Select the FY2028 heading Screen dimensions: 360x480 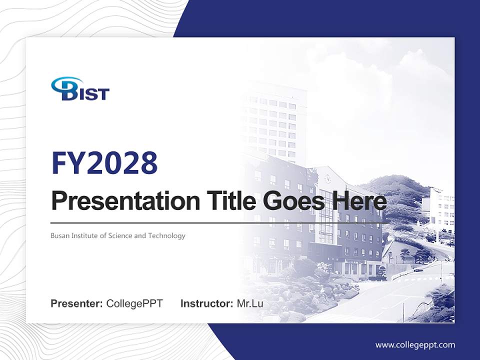(x=104, y=163)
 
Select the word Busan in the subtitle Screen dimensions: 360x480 (x=59, y=235)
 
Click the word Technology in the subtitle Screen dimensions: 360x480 (x=166, y=235)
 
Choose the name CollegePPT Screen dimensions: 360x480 (x=134, y=303)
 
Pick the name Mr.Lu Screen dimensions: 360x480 (x=250, y=303)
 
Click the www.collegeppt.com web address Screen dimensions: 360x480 (x=415, y=345)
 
